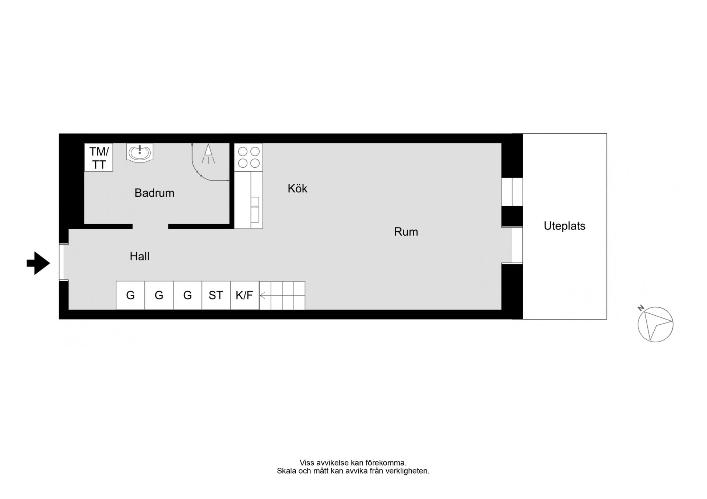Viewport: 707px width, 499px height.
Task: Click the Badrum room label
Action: [x=154, y=193]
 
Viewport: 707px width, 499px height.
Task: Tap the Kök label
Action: [x=297, y=188]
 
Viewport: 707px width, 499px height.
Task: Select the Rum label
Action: [x=406, y=232]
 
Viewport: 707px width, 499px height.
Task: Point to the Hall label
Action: [x=139, y=256]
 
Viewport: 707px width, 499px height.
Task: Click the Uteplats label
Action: [x=564, y=225]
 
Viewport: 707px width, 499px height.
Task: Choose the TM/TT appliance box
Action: [x=99, y=157]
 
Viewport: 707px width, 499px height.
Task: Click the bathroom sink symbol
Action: [x=140, y=152]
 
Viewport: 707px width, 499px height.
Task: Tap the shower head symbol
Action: [x=208, y=154]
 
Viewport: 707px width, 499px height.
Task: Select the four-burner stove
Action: [x=249, y=157]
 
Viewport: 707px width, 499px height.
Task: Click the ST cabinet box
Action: [x=216, y=295]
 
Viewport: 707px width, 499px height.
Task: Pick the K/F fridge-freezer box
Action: [x=245, y=295]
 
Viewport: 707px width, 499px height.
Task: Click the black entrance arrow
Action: [x=38, y=263]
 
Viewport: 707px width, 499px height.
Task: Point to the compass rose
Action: [x=655, y=324]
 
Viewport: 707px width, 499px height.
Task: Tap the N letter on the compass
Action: [x=641, y=308]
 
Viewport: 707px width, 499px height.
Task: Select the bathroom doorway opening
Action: [x=150, y=227]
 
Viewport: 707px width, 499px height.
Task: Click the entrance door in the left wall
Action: [x=61, y=262]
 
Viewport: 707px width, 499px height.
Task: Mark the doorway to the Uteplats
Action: [x=517, y=245]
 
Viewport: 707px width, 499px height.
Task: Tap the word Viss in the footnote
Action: [x=307, y=463]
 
